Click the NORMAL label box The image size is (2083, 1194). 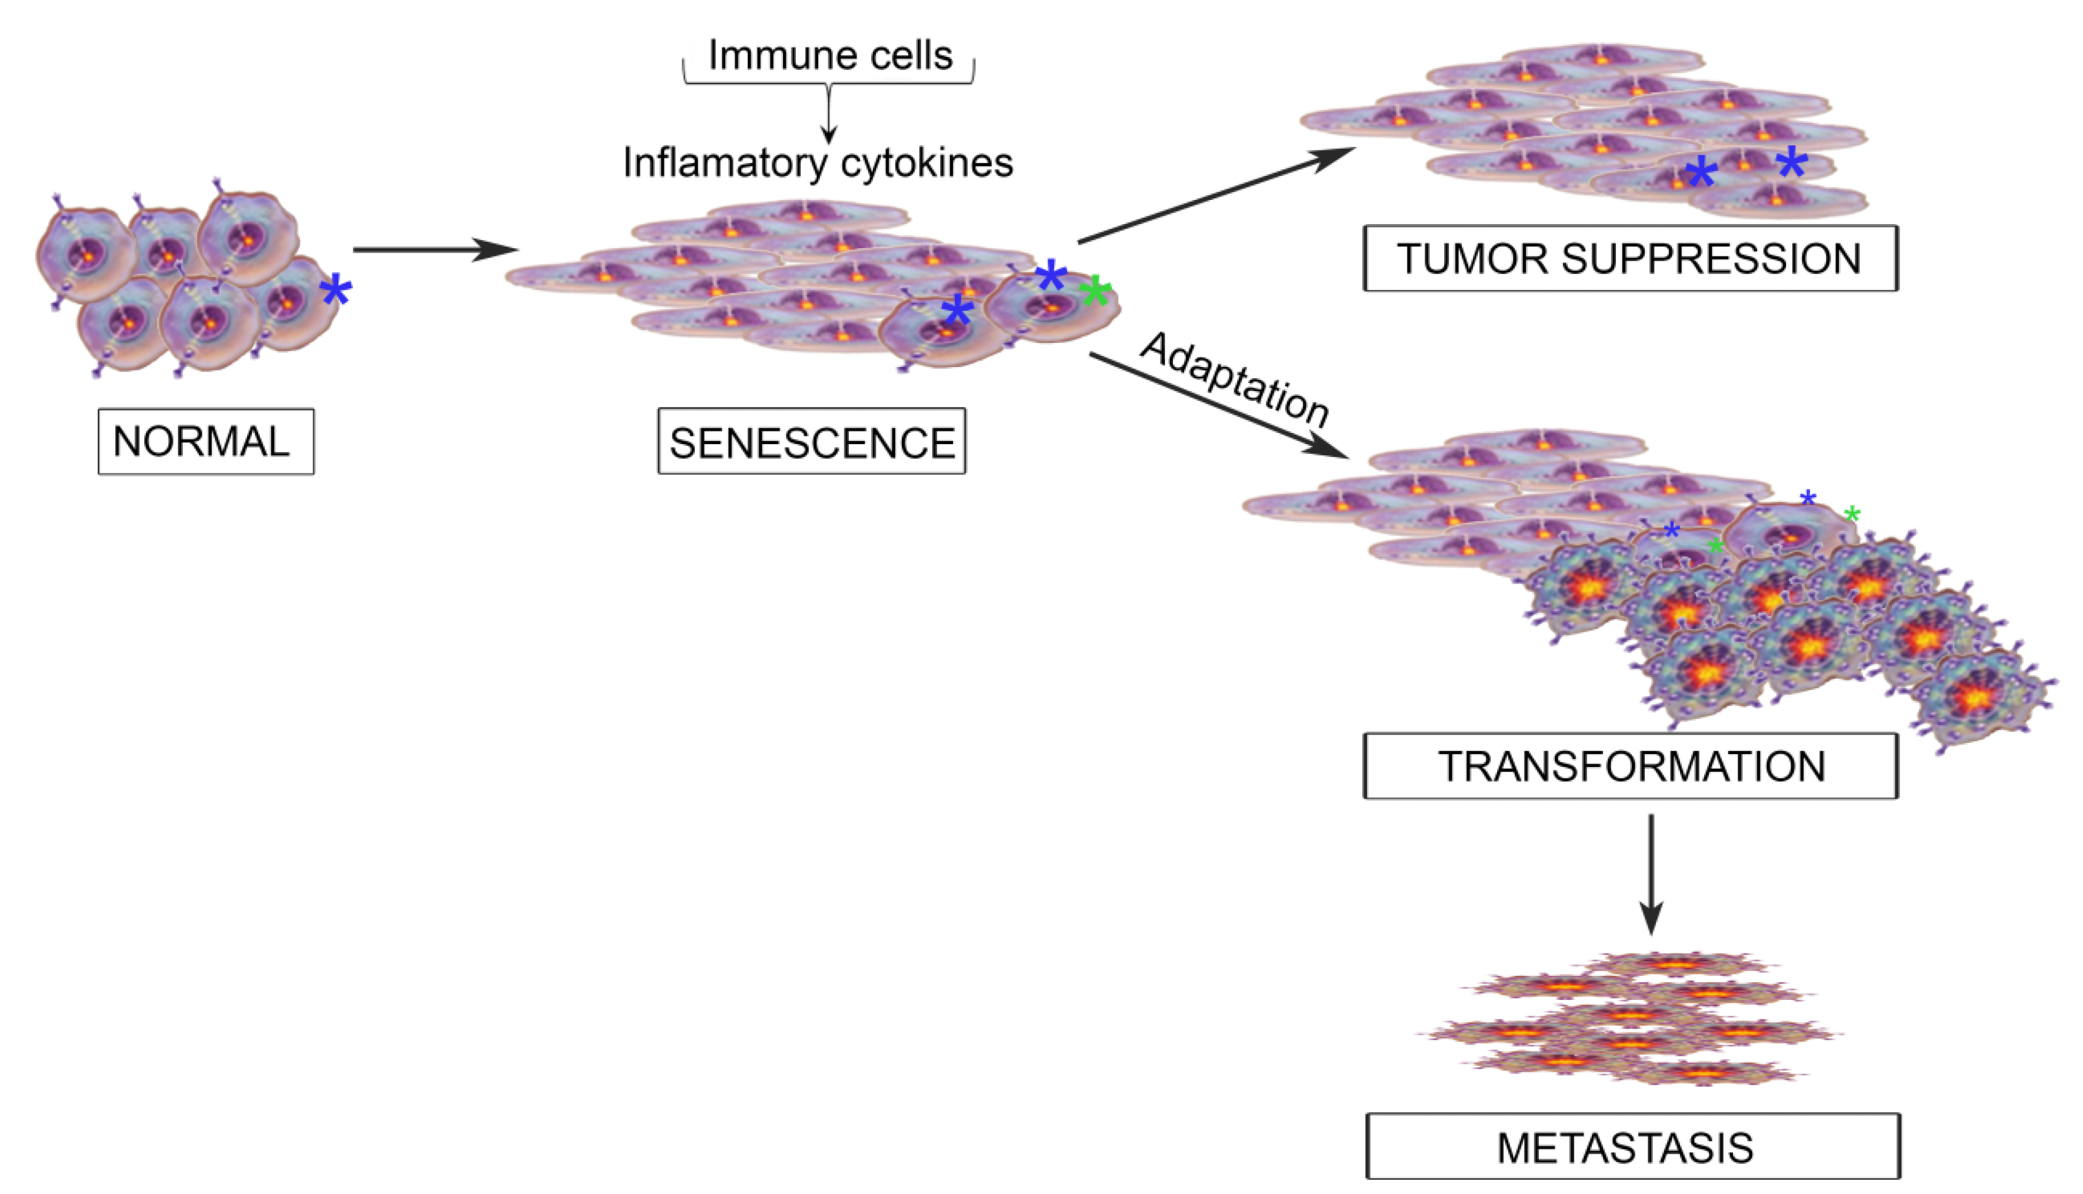click(205, 441)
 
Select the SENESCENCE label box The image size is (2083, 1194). click(811, 441)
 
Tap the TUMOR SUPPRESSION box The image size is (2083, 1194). click(1629, 258)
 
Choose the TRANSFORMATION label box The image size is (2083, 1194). click(1629, 766)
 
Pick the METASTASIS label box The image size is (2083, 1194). click(1632, 1146)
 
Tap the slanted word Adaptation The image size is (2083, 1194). click(1234, 379)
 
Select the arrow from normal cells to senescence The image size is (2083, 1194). click(435, 249)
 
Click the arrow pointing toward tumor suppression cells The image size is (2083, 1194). click(1214, 195)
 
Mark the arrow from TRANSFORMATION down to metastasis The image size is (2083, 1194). click(1651, 873)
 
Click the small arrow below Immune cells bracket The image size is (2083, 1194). click(828, 115)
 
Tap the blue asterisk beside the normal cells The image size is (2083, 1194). click(335, 291)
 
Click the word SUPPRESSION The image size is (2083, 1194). click(1711, 258)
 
